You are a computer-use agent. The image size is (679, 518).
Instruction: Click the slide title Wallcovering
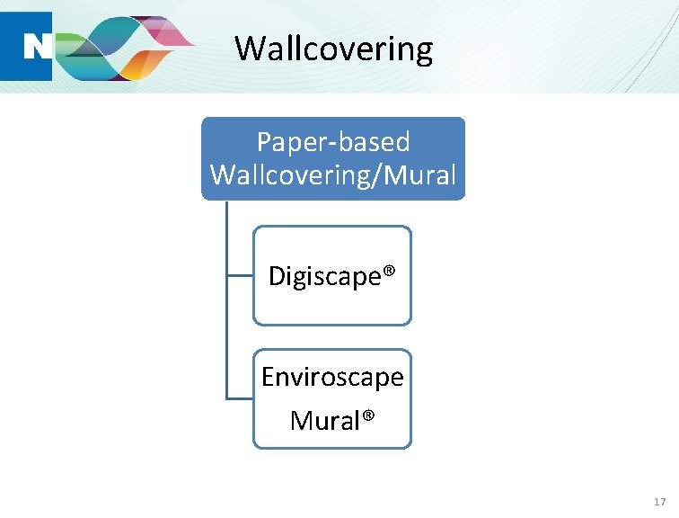pos(333,48)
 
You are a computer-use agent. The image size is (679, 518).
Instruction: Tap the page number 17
pos(660,501)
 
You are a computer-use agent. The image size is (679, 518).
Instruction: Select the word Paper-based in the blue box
pos(333,141)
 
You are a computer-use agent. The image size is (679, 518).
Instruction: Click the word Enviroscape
pos(332,378)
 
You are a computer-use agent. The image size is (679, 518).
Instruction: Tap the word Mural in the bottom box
pos(324,420)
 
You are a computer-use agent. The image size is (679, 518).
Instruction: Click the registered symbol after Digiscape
pos(389,273)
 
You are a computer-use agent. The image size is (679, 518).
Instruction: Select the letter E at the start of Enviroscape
pos(268,377)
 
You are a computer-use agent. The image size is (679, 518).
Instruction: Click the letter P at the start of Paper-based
pos(264,142)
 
